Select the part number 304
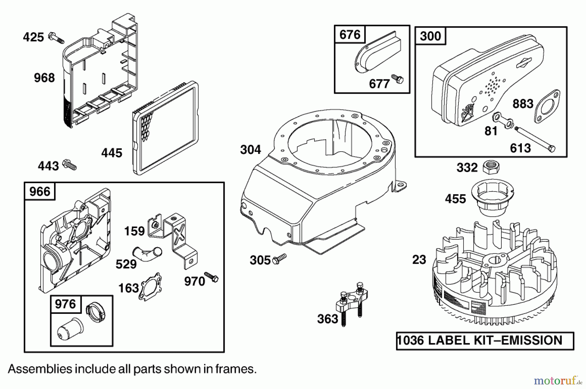[250, 150]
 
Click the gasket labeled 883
[547, 107]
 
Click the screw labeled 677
[398, 79]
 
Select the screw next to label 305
[279, 259]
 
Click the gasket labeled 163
[150, 286]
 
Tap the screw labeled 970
[211, 277]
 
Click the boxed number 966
[40, 191]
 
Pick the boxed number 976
[65, 304]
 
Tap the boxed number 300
[430, 36]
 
